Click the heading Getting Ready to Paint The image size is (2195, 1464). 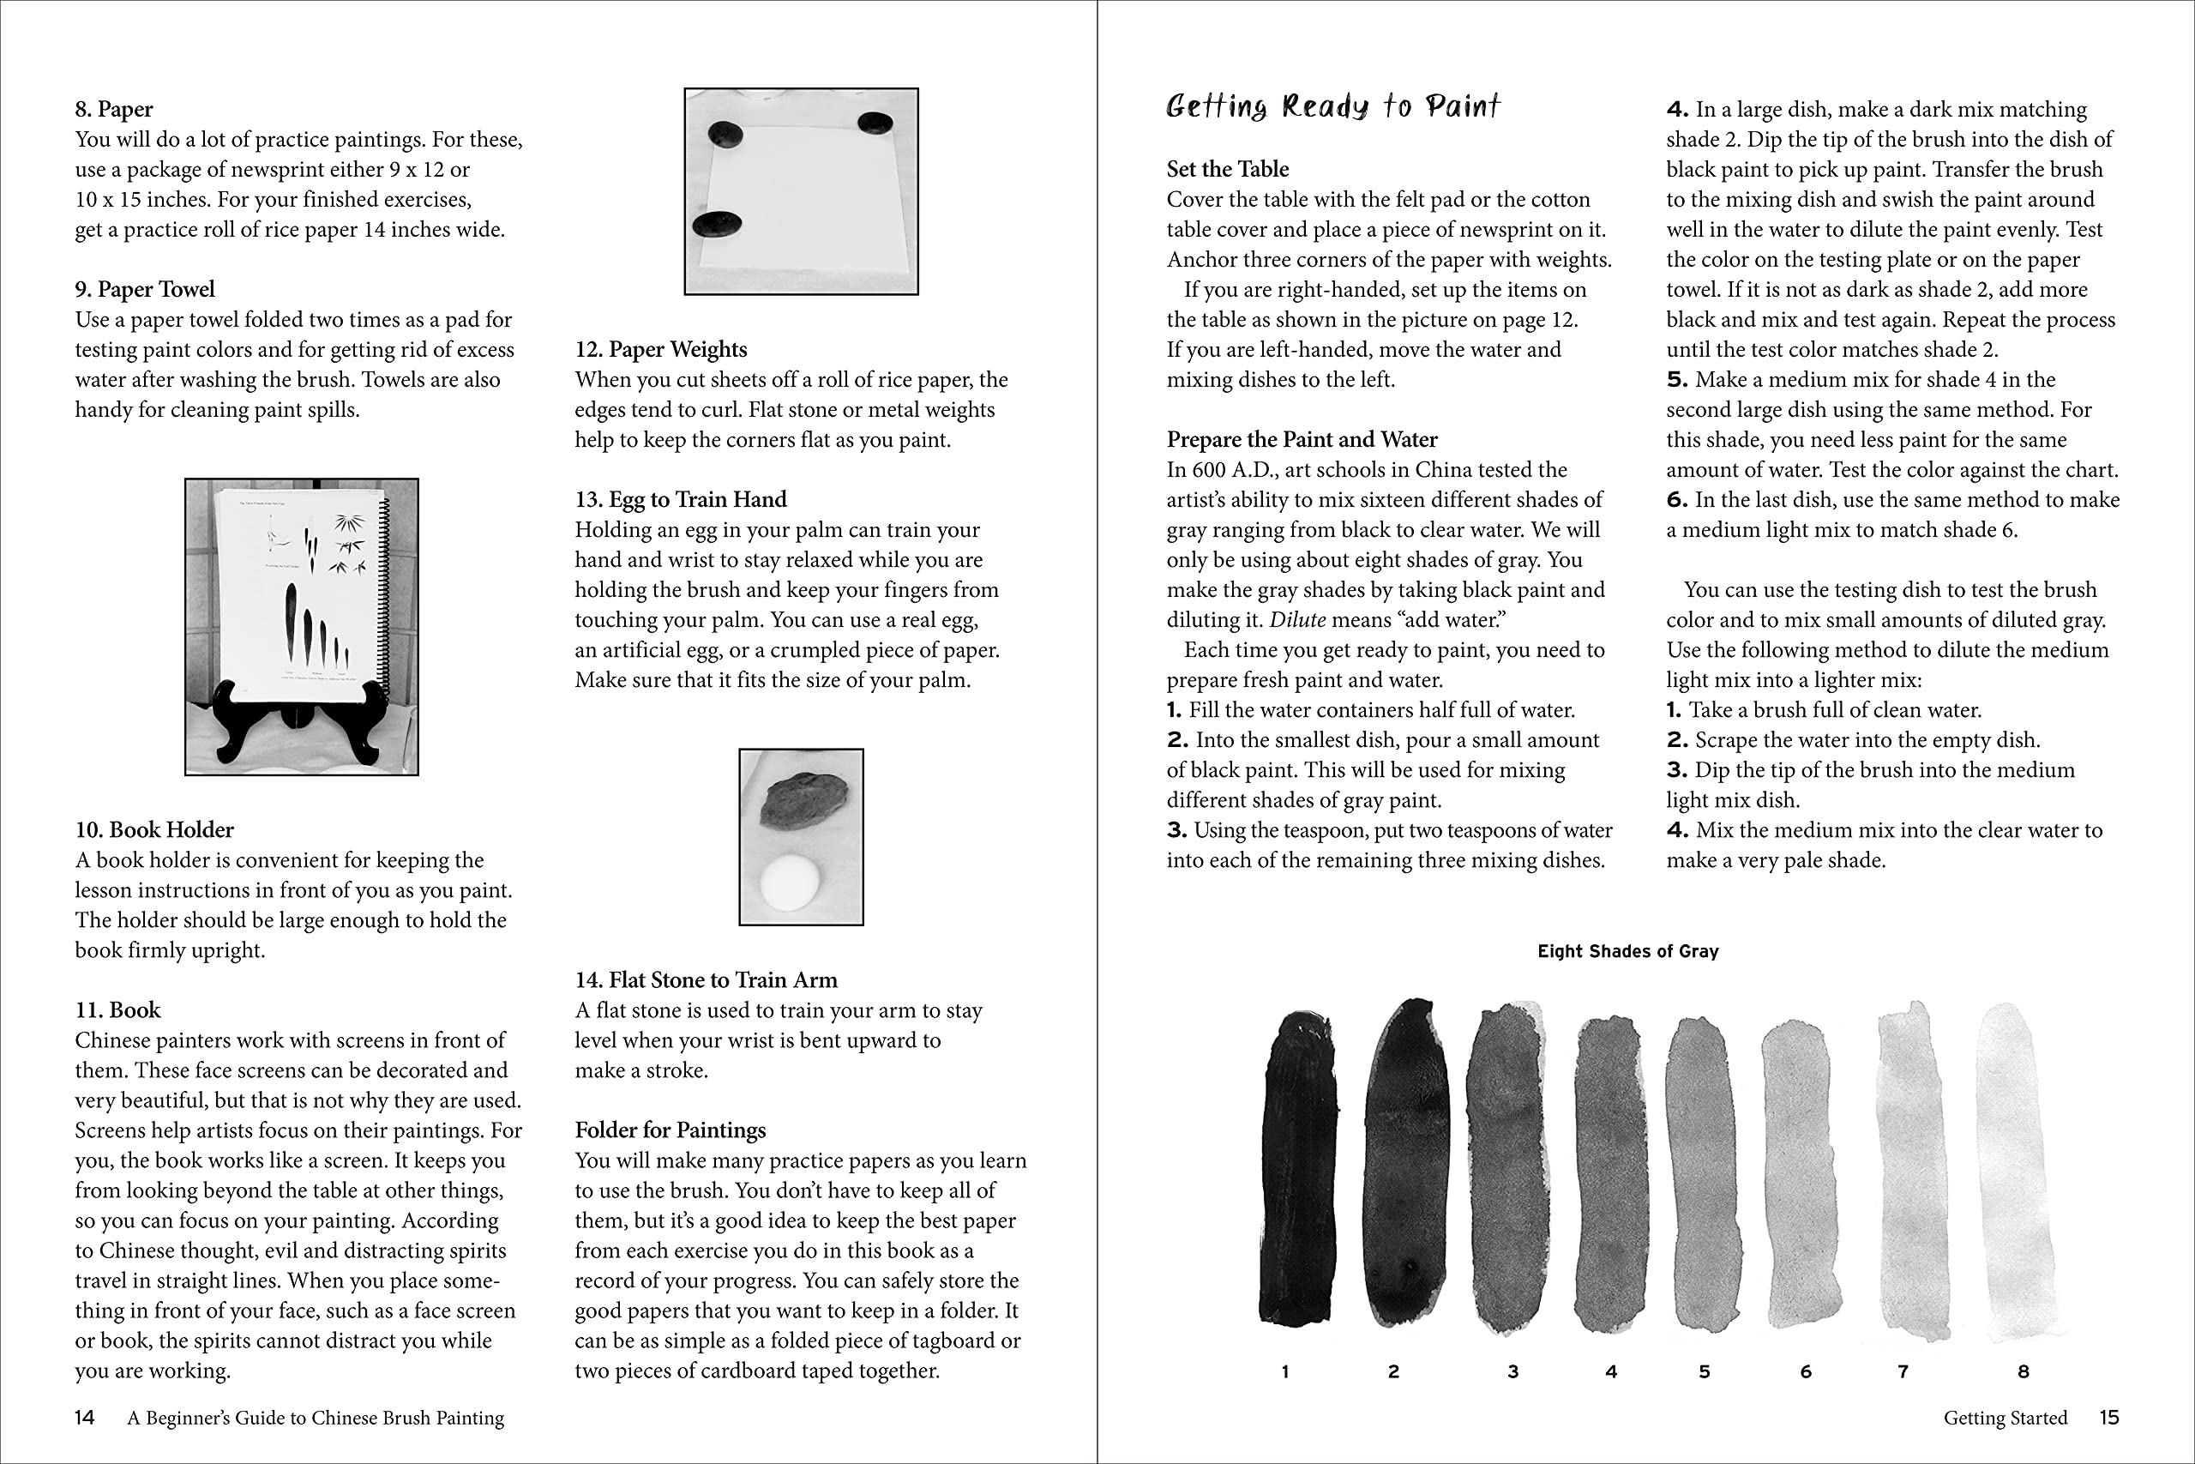tap(1332, 106)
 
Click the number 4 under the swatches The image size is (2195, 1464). tap(1611, 1371)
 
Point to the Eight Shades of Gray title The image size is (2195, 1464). tap(1627, 951)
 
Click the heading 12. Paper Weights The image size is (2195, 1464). tap(661, 349)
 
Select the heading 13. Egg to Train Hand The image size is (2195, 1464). tap(680, 499)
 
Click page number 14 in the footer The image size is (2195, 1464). tap(84, 1418)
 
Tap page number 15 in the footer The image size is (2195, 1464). tap(2108, 1418)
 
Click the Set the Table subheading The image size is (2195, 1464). tap(1227, 169)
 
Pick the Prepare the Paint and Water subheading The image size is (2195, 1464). tap(1301, 440)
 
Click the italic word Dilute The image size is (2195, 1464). tap(1297, 620)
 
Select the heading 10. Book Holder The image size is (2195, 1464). tap(154, 830)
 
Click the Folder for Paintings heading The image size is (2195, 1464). tap(670, 1130)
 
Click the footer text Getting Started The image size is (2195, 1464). tap(2005, 1418)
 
